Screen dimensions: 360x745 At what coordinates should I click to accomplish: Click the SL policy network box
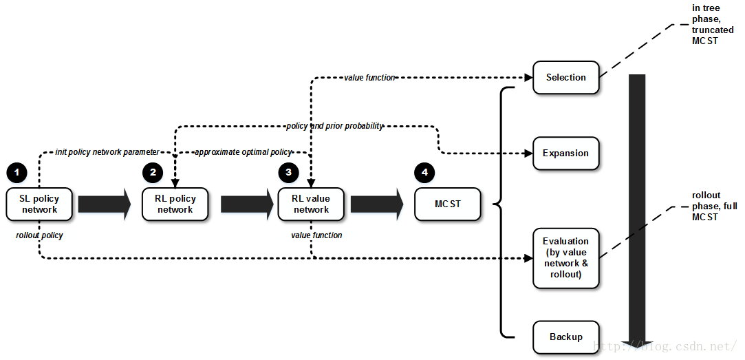point(39,204)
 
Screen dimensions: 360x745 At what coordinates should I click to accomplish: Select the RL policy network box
point(175,204)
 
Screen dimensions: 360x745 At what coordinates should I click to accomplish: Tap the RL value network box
point(311,204)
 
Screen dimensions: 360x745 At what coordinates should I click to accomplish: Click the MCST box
point(447,204)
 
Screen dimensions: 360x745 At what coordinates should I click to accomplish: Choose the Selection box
point(565,77)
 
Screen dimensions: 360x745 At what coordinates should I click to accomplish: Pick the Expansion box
point(565,153)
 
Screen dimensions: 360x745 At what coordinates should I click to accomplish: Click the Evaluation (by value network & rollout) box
point(565,258)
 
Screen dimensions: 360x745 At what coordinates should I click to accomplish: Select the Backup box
point(565,337)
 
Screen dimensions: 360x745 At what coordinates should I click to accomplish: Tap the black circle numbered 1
point(17,172)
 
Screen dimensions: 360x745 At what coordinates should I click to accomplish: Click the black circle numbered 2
point(153,172)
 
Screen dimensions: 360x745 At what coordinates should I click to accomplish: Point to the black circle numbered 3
point(288,172)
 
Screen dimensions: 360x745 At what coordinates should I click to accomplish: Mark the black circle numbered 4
point(424,172)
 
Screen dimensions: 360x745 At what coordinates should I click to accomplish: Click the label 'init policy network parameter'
point(107,151)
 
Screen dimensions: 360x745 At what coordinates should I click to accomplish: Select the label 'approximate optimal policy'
point(244,151)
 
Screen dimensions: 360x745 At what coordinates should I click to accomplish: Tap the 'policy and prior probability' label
point(334,126)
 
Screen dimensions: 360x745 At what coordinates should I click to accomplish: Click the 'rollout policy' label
point(39,235)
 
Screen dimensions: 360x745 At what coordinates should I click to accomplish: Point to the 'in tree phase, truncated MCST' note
point(706,24)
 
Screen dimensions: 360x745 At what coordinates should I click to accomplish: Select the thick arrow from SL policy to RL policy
point(104,204)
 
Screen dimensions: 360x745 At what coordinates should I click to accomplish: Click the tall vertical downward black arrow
point(637,207)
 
